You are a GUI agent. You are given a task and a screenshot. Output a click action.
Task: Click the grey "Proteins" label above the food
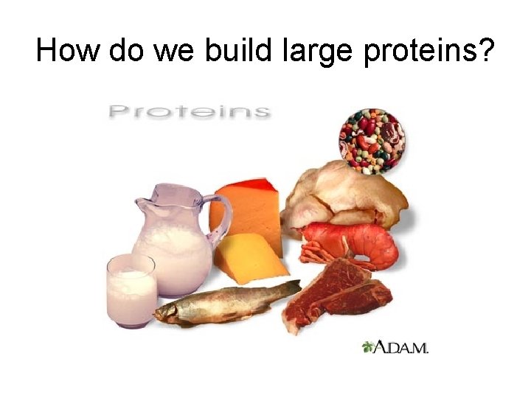[x=189, y=111]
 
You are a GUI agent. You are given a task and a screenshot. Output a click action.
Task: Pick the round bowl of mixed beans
[x=372, y=140]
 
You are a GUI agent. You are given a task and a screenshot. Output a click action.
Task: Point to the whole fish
[x=221, y=302]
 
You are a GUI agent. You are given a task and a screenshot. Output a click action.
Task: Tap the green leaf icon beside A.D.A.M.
[x=369, y=346]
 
